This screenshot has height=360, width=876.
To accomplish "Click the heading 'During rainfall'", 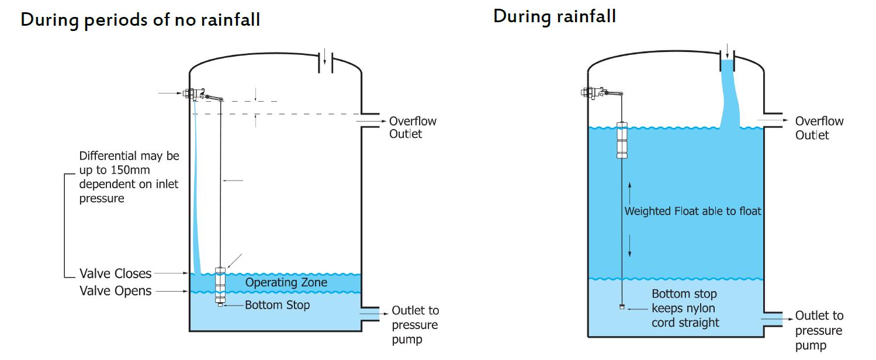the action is [x=555, y=16].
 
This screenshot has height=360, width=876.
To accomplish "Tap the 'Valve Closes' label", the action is [x=115, y=274].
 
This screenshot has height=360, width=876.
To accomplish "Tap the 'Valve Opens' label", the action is [x=115, y=291].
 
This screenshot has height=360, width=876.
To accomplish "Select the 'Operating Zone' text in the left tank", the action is [x=286, y=282].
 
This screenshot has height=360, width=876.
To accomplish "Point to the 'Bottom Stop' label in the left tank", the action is [x=277, y=305].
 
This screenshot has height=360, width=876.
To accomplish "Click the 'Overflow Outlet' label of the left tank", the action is [x=413, y=127].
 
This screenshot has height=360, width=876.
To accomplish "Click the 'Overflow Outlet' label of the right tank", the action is [x=819, y=128].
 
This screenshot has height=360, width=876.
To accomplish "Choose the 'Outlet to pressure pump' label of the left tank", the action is [x=416, y=325].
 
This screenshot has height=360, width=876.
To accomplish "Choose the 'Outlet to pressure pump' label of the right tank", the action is [x=819, y=330].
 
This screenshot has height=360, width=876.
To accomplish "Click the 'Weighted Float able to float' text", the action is [x=693, y=211].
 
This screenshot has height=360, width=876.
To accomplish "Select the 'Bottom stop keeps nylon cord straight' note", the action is [x=685, y=308].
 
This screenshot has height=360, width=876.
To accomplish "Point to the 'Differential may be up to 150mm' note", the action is [x=129, y=177].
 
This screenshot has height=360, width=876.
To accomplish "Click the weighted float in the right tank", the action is [x=622, y=140].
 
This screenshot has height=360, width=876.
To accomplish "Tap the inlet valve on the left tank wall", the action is [x=194, y=94].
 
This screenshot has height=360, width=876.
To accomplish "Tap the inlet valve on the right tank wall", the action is [x=593, y=93].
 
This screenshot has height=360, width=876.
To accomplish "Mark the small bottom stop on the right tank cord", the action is [x=622, y=307].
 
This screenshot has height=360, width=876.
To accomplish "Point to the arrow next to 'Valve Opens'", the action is [x=172, y=291].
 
